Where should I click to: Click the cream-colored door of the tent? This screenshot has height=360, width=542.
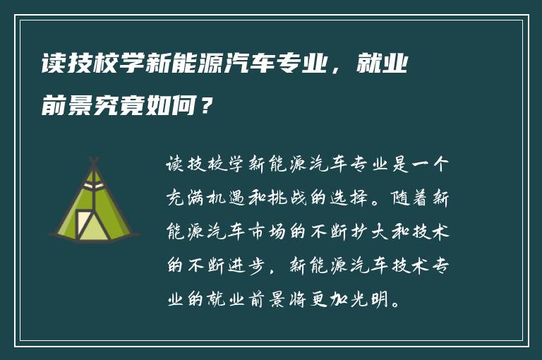tap(90, 224)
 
